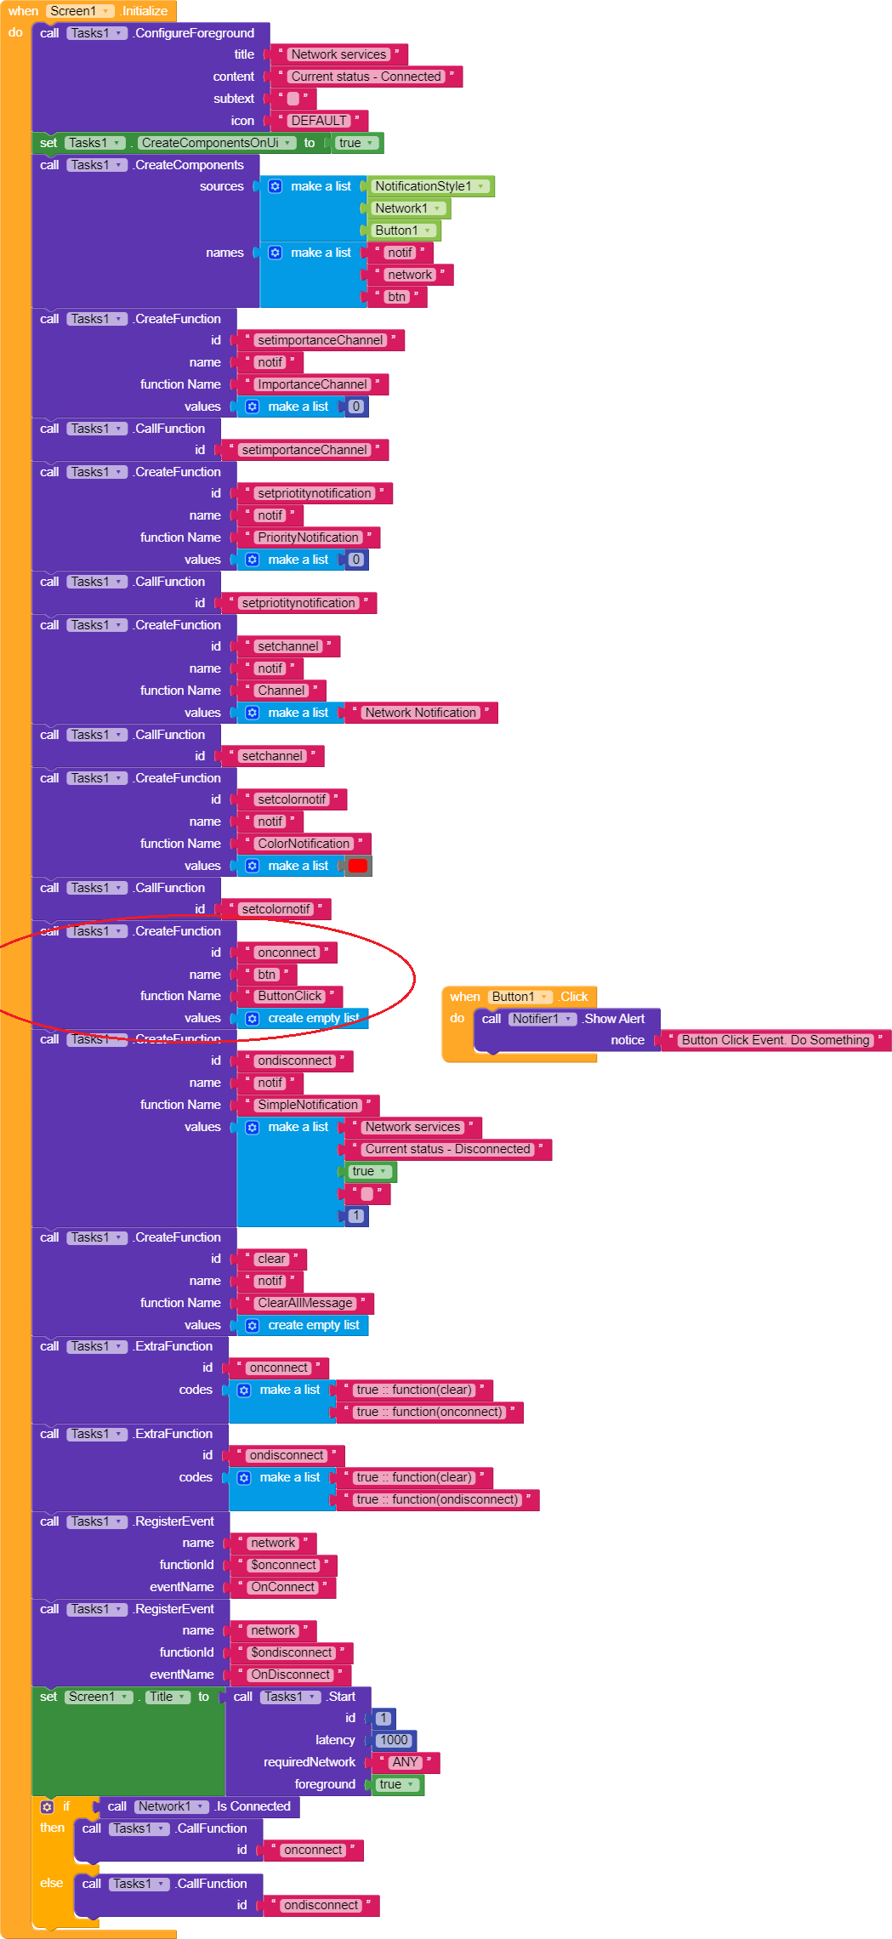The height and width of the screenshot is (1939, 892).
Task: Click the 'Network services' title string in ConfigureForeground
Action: [x=338, y=54]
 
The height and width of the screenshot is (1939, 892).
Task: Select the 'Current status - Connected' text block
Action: [x=366, y=77]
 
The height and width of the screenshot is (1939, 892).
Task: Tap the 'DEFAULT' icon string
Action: [x=319, y=121]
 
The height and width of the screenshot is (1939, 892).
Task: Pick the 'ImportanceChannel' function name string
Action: [x=312, y=384]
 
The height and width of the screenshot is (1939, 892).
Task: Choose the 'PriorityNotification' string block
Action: [x=308, y=537]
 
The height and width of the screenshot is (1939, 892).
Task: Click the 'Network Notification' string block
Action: [x=420, y=713]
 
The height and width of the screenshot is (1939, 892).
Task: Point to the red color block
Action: [x=358, y=866]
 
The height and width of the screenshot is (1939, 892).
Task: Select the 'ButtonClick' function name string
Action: [x=290, y=996]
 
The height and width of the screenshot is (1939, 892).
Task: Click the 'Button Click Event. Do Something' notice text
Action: [x=776, y=1040]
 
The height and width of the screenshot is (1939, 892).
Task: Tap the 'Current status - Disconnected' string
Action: [x=447, y=1149]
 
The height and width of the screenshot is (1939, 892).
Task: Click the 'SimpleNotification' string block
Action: [x=308, y=1105]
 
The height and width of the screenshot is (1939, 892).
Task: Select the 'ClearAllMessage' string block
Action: [x=304, y=1303]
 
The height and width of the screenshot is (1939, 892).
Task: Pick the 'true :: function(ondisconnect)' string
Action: [x=438, y=1499]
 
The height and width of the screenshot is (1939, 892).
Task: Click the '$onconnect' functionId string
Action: [x=283, y=1565]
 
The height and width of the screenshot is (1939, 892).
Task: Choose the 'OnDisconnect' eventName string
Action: [x=290, y=1675]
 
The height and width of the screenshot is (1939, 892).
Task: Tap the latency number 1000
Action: [x=394, y=1740]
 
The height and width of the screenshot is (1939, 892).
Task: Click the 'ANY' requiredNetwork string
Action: [x=405, y=1762]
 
